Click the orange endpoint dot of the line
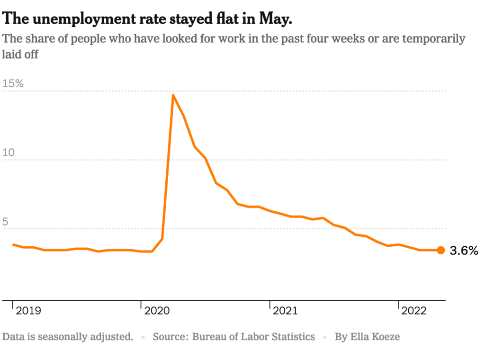(440, 250)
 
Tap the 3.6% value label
(464, 251)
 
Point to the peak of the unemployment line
(173, 95)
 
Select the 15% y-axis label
(13, 83)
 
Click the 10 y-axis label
(9, 153)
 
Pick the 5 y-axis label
(6, 221)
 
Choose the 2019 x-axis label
(28, 311)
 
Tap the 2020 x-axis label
(157, 311)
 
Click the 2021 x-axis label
(285, 311)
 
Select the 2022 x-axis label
(414, 311)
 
